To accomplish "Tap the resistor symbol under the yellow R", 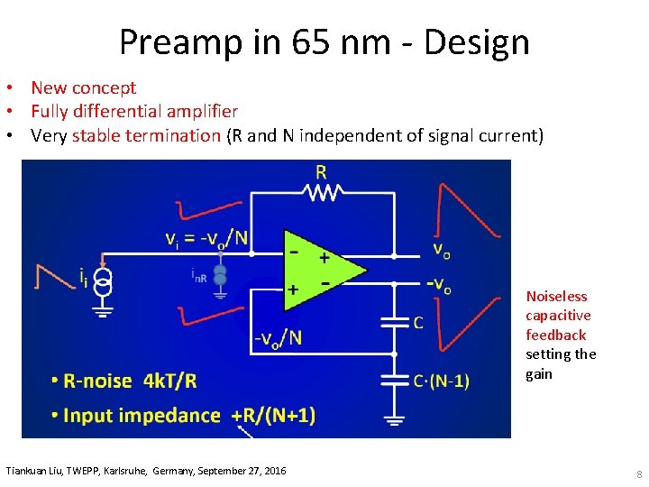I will tap(322, 191).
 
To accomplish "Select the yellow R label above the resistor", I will tap(322, 171).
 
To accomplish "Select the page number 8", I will tap(638, 475).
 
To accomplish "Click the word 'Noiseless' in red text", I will tap(556, 297).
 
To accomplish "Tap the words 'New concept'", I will tap(83, 87).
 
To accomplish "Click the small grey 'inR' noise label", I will tap(198, 278).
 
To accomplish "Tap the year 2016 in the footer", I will tap(271, 472).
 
